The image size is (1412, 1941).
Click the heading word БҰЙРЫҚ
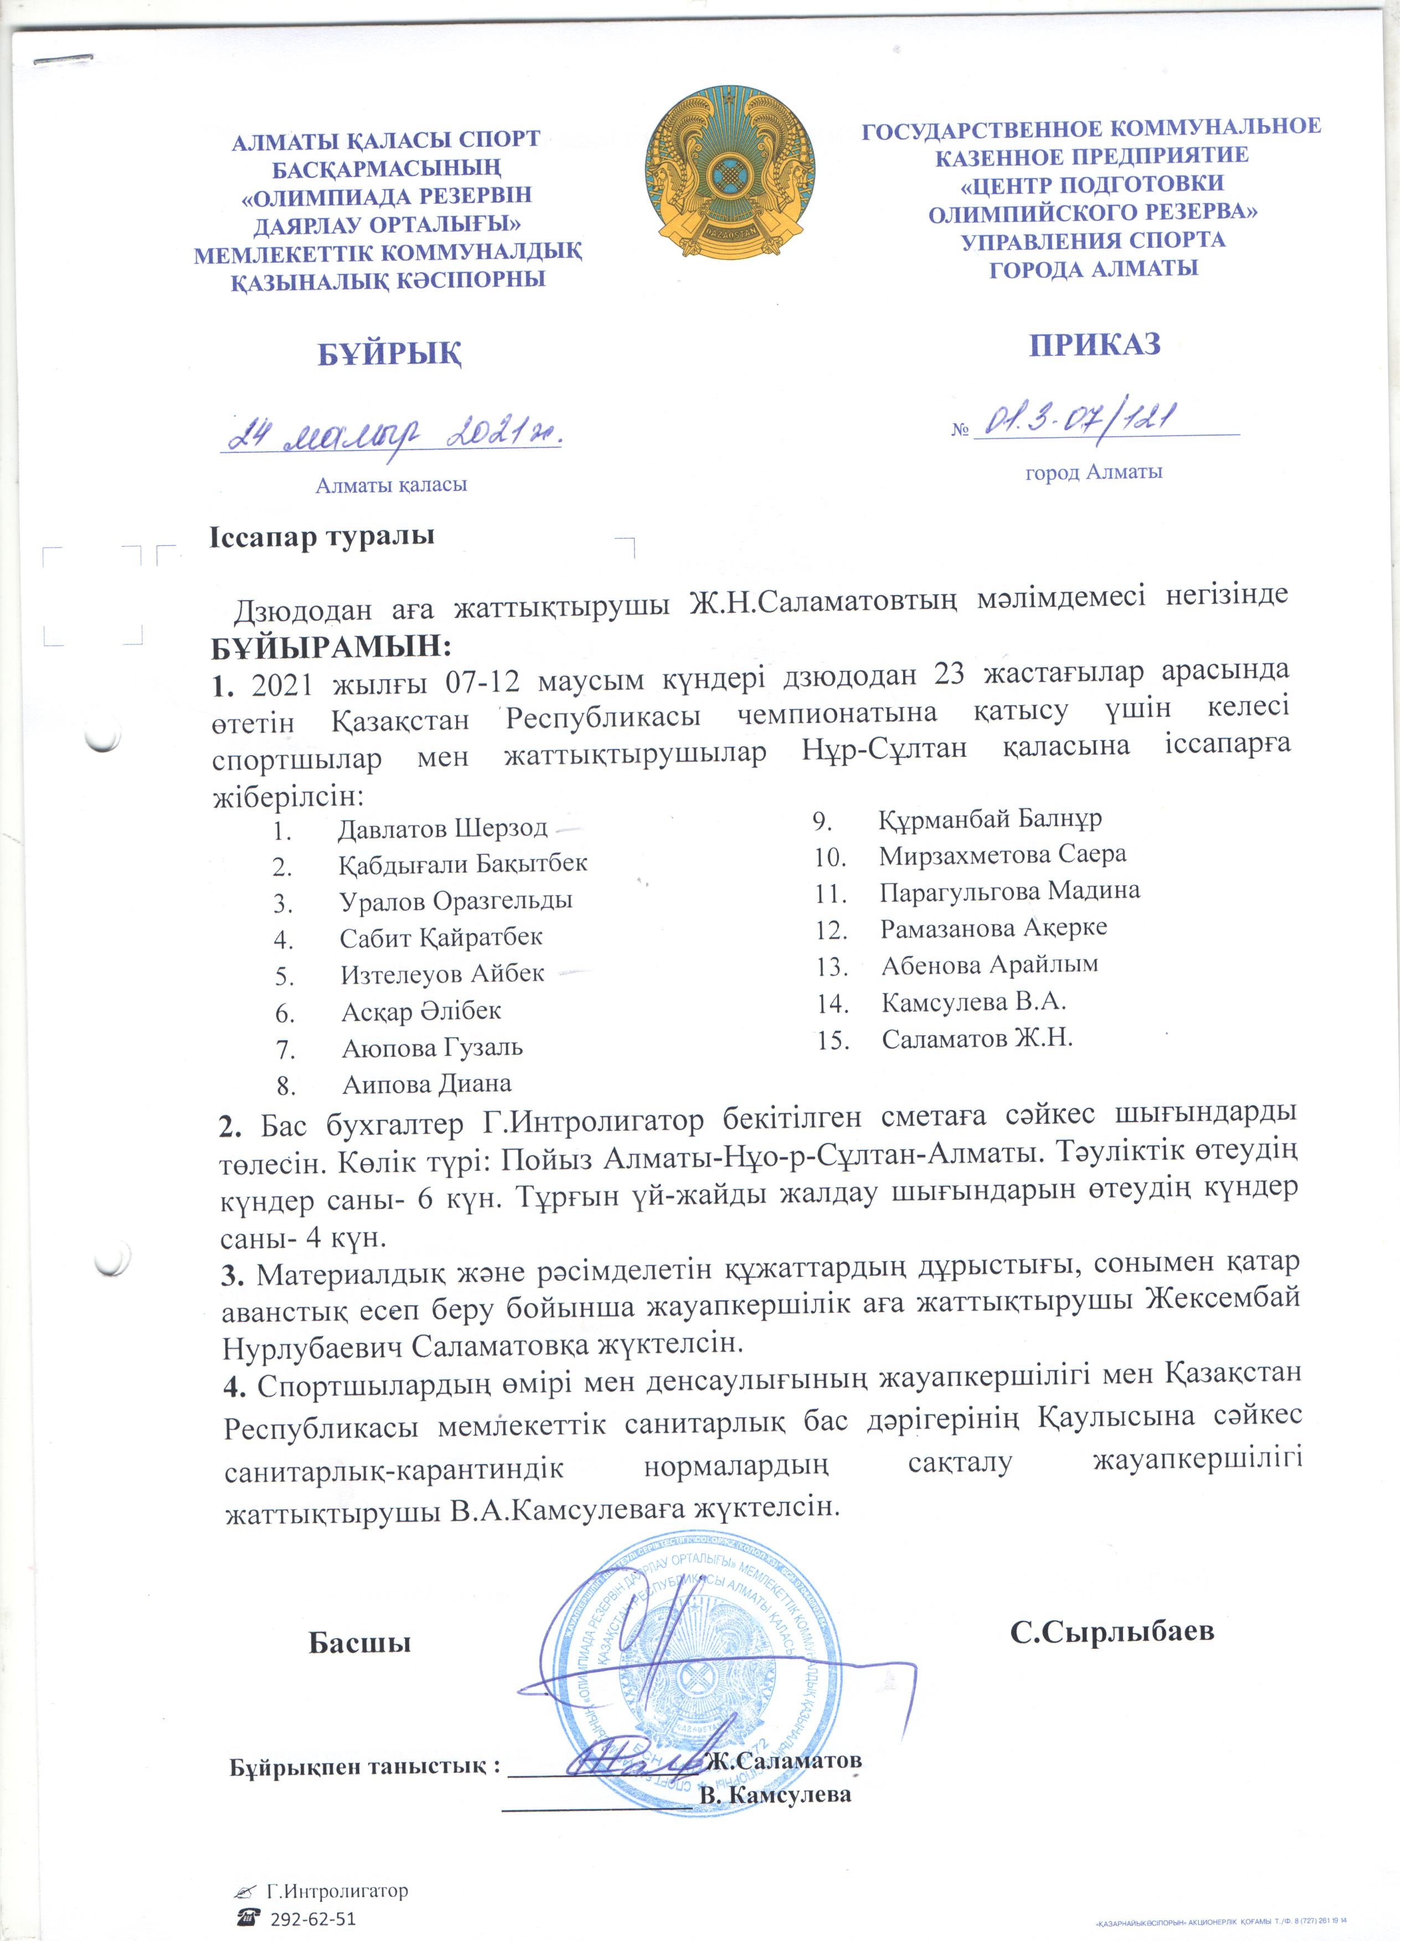tap(390, 353)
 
